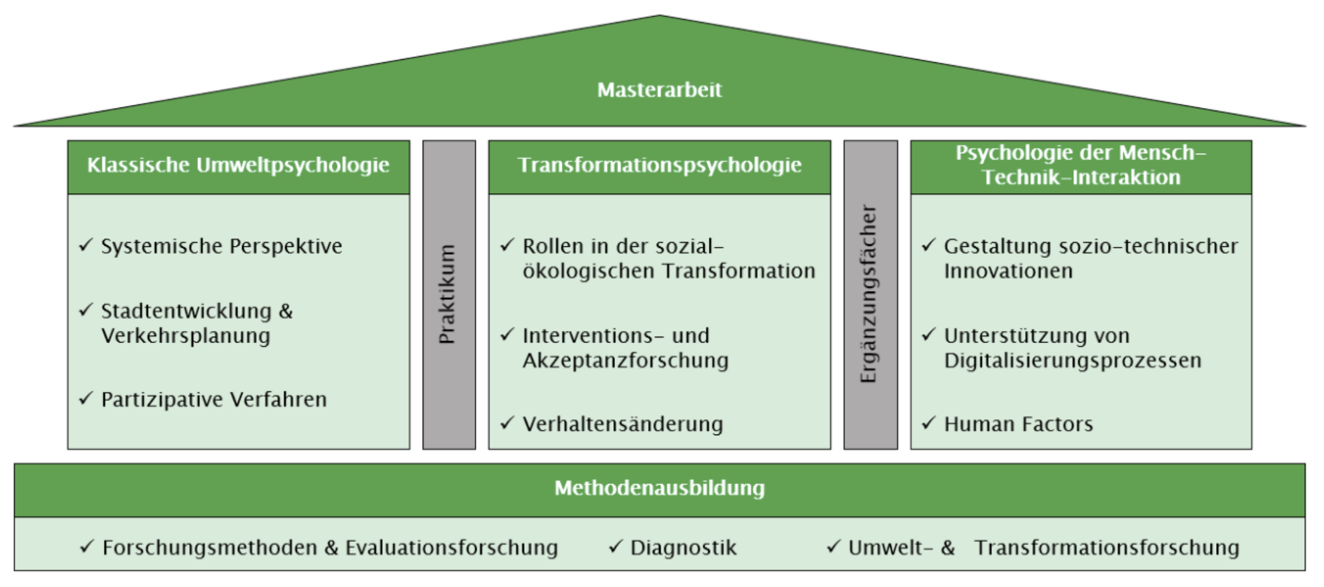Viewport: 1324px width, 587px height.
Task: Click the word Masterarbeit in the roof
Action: (659, 90)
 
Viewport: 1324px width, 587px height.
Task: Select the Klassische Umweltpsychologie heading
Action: (238, 165)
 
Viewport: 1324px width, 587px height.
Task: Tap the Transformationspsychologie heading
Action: (659, 165)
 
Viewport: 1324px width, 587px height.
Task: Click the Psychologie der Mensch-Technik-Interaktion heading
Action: (1081, 165)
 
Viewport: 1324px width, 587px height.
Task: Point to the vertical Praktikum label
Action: (448, 294)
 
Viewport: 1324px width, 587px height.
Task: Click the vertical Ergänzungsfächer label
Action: (869, 294)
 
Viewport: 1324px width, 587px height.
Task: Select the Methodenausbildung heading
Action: (659, 488)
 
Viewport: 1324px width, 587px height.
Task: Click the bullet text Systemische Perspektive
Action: (222, 246)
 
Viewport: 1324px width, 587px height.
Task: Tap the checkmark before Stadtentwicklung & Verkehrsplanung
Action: (86, 310)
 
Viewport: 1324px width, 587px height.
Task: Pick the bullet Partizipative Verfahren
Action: (214, 400)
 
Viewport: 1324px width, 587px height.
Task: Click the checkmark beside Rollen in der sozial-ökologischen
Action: (507, 245)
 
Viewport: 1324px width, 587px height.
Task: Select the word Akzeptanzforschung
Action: (625, 360)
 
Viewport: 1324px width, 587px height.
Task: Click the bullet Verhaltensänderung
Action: (623, 424)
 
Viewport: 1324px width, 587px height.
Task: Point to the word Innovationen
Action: (1008, 271)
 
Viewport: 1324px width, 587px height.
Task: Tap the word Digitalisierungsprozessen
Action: (1073, 360)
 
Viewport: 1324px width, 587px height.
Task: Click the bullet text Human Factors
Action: (1018, 424)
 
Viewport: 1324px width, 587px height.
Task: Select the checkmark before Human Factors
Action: (929, 423)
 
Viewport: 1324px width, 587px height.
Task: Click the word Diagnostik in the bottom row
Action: (683, 548)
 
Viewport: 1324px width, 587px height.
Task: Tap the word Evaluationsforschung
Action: (451, 548)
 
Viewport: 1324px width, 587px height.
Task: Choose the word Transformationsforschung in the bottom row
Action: (1106, 548)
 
